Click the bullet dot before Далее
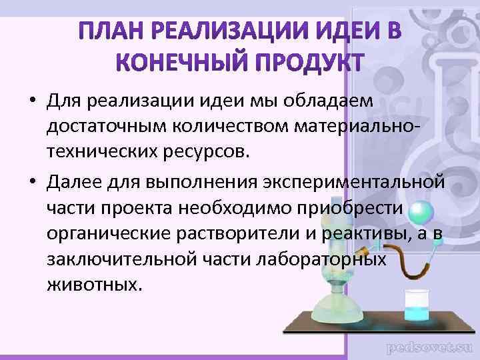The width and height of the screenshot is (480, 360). (32, 179)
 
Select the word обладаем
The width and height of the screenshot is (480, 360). (332, 101)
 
